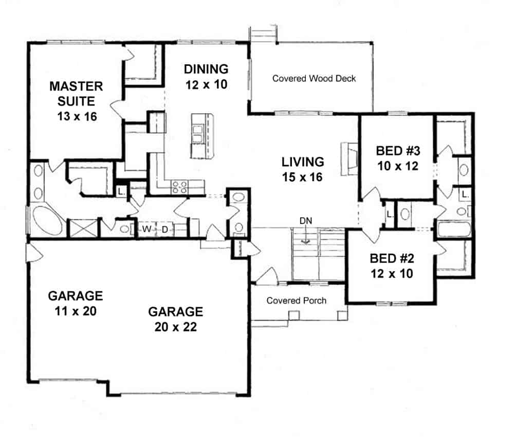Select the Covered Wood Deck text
point(314,79)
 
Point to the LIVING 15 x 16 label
point(303,169)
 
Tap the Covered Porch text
point(296,301)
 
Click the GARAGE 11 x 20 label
point(75,303)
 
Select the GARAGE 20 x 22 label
point(175,319)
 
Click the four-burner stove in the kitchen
point(179,186)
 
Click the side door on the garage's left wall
point(30,252)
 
